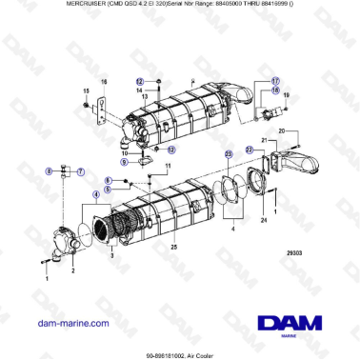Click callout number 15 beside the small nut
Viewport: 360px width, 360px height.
[x=85, y=91]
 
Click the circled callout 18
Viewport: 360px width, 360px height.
[x=277, y=91]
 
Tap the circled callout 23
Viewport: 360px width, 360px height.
[x=228, y=152]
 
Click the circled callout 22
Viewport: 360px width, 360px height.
[x=249, y=150]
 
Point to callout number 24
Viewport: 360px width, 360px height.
[x=263, y=220]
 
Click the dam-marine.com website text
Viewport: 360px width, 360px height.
[x=70, y=323]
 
